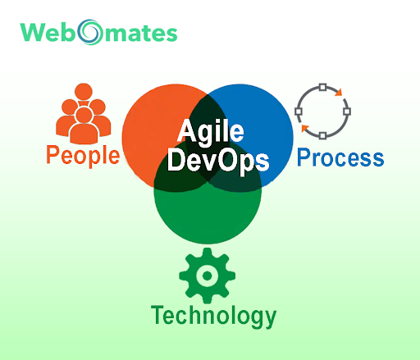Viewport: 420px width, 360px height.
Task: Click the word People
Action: point(83,156)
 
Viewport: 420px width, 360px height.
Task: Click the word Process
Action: point(340,157)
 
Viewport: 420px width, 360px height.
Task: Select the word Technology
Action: point(213,317)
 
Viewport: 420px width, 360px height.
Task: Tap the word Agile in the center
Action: point(211,132)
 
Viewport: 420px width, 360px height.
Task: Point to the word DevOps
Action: point(218,161)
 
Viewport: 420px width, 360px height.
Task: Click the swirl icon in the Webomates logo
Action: point(90,32)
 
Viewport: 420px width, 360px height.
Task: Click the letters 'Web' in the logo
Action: point(48,33)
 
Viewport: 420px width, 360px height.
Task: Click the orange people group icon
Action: point(84,113)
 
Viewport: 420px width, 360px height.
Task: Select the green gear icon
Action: point(208,276)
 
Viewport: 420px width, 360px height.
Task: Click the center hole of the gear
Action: point(208,276)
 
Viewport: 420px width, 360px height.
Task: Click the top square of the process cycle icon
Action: point(323,87)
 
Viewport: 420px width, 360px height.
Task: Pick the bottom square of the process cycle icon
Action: point(322,135)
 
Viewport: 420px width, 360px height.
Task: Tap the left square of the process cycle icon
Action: point(299,112)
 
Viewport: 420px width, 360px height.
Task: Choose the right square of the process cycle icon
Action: point(347,112)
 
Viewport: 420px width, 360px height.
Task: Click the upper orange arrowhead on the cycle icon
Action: point(339,93)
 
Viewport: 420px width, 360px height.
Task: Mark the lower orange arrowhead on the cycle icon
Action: point(305,128)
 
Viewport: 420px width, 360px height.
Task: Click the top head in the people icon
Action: point(84,92)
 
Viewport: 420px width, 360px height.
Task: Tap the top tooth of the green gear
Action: point(208,252)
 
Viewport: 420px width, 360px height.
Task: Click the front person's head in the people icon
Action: point(84,115)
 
